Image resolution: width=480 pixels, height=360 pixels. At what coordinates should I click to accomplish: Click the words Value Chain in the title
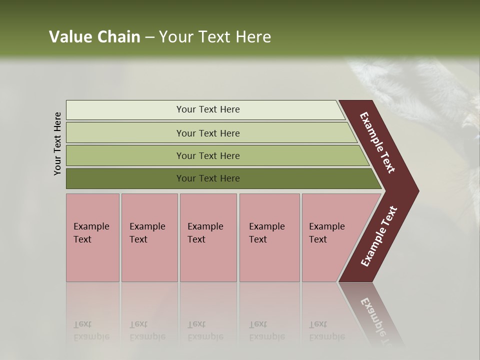pos(94,37)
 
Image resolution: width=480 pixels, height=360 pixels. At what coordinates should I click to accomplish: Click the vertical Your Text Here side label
pos(57,143)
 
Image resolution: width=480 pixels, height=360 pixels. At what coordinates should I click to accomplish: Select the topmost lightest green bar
pos(125,110)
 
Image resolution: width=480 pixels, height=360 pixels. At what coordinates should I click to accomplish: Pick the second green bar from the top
pos(125,133)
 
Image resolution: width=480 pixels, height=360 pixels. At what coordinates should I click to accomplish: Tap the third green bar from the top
pos(125,155)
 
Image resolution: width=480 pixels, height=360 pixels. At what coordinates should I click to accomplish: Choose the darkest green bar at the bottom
pos(125,178)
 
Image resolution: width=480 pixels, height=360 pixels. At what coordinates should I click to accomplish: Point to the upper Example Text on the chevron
pos(378,142)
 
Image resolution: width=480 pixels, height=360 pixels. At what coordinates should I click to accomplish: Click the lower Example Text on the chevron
pos(379,236)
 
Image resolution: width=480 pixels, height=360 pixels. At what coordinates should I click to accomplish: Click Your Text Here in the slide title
pos(215,37)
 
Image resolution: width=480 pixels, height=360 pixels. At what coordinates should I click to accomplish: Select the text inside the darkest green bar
pos(208,178)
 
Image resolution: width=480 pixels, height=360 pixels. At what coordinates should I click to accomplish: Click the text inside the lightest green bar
pos(208,109)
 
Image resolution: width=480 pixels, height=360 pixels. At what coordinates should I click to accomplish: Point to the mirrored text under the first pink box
pos(91,330)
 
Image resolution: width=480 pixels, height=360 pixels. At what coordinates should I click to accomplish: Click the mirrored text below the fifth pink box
pos(326,330)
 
